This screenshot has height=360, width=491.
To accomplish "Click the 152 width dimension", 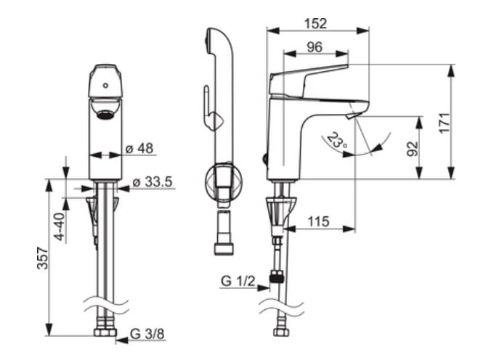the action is (x=315, y=24).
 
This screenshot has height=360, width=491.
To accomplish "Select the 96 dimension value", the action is (x=315, y=47).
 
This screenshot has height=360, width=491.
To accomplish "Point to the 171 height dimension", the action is (x=445, y=123).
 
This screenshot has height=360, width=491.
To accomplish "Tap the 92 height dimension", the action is (x=413, y=149).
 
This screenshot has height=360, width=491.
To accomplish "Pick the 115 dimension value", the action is (x=318, y=221).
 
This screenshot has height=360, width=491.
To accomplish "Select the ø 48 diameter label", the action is (x=139, y=148).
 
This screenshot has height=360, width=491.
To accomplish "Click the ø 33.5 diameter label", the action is (x=153, y=182).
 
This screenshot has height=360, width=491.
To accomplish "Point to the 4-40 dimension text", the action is (x=60, y=226).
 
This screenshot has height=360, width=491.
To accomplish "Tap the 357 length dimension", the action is (x=43, y=258).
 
